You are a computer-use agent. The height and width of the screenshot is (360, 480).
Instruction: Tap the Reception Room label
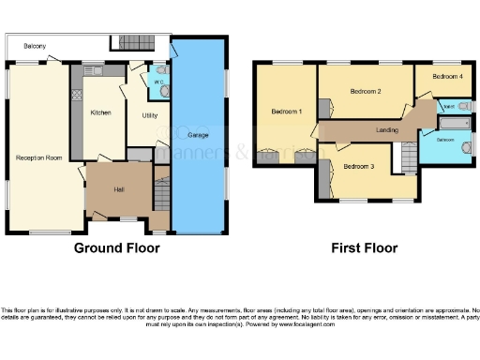pyautogui.click(x=38, y=157)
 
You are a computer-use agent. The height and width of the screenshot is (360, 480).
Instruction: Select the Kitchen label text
pyautogui.click(x=101, y=112)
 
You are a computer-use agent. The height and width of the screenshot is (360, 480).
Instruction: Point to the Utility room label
pyautogui.click(x=149, y=115)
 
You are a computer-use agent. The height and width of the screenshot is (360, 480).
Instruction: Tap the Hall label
pyautogui.click(x=119, y=188)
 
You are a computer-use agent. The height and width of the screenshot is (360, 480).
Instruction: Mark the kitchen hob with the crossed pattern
pyautogui.click(x=76, y=96)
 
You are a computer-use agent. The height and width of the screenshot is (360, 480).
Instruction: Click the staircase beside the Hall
pyautogui.click(x=161, y=195)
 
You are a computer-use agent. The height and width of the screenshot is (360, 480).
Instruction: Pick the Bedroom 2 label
pyautogui.click(x=365, y=92)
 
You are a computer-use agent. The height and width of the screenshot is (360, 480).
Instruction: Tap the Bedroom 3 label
pyautogui.click(x=358, y=166)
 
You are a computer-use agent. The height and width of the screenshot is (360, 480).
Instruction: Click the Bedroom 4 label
pyautogui.click(x=446, y=76)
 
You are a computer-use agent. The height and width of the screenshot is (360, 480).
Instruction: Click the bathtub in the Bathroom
pyautogui.click(x=457, y=123)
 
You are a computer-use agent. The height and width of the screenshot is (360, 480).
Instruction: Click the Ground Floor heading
pyautogui.click(x=117, y=248)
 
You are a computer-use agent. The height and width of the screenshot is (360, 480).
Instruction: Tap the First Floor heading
pyautogui.click(x=365, y=248)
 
